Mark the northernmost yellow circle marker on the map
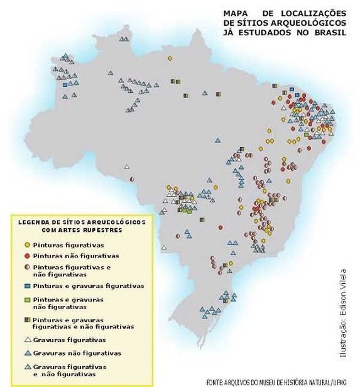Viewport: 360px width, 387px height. (x=170, y=58)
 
